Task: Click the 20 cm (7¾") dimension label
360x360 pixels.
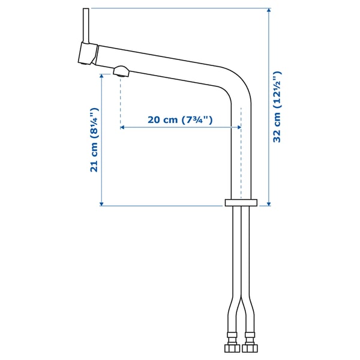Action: pos(181,119)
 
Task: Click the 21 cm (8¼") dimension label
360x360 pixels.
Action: pos(94,140)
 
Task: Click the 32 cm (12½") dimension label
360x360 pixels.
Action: pos(277,107)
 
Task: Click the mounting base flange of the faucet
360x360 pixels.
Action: pos(241,203)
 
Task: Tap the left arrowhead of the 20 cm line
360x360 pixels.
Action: pos(122,127)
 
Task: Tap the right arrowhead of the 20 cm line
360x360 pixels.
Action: pos(239,127)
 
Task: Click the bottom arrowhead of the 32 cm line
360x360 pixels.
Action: pos(268,203)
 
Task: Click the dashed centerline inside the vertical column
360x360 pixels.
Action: pos(241,156)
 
